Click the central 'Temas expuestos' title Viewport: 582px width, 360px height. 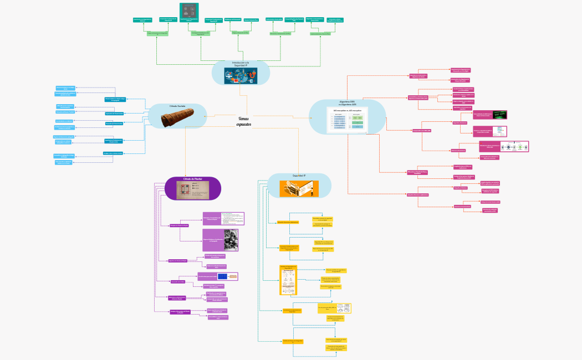point(243,121)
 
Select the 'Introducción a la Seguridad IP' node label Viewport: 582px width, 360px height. point(241,64)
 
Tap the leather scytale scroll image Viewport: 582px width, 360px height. point(177,119)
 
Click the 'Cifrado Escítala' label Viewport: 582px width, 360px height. point(177,106)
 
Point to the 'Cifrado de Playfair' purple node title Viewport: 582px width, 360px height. point(193,179)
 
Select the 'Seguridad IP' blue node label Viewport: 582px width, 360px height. point(299,176)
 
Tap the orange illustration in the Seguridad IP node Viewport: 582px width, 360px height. point(299,189)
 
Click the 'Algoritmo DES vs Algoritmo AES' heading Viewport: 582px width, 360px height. point(348,104)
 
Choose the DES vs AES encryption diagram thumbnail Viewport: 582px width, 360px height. point(347,120)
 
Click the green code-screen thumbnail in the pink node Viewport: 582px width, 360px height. point(499,115)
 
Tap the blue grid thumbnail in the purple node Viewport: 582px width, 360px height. point(223,276)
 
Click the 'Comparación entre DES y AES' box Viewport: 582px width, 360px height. point(422,131)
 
